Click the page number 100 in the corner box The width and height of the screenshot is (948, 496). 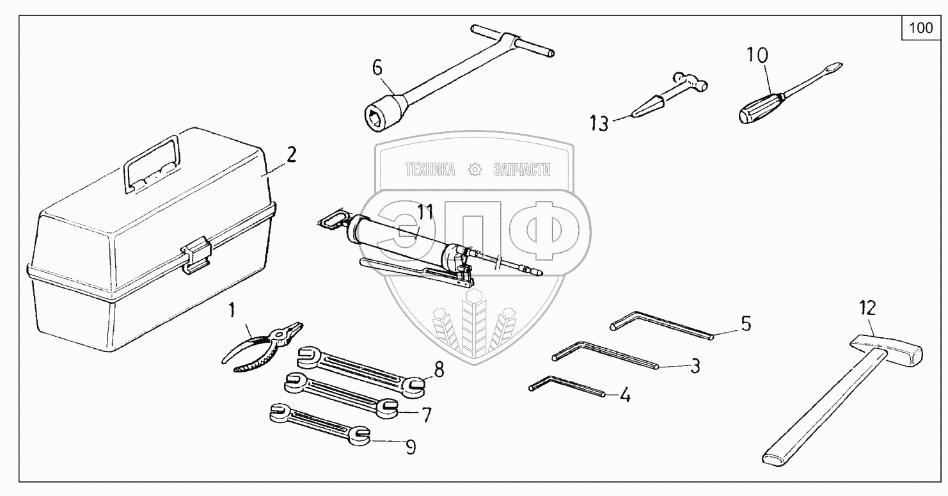[921, 28]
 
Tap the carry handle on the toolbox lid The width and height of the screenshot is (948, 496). [152, 163]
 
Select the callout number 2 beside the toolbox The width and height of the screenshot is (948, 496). [291, 156]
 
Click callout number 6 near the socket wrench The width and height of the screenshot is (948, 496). [377, 67]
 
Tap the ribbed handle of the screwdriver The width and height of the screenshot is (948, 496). [760, 108]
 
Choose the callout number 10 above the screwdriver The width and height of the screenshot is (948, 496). [757, 55]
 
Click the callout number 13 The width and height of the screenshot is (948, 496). [599, 124]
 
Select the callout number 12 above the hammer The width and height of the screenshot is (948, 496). [867, 308]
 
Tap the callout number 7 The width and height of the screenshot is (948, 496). [427, 415]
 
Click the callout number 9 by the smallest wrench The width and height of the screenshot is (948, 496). [411, 447]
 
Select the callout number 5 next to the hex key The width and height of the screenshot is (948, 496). [746, 324]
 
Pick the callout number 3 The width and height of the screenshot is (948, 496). [695, 365]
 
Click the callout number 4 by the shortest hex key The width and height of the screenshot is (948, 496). [625, 395]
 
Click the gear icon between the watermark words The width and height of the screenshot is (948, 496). [475, 170]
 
